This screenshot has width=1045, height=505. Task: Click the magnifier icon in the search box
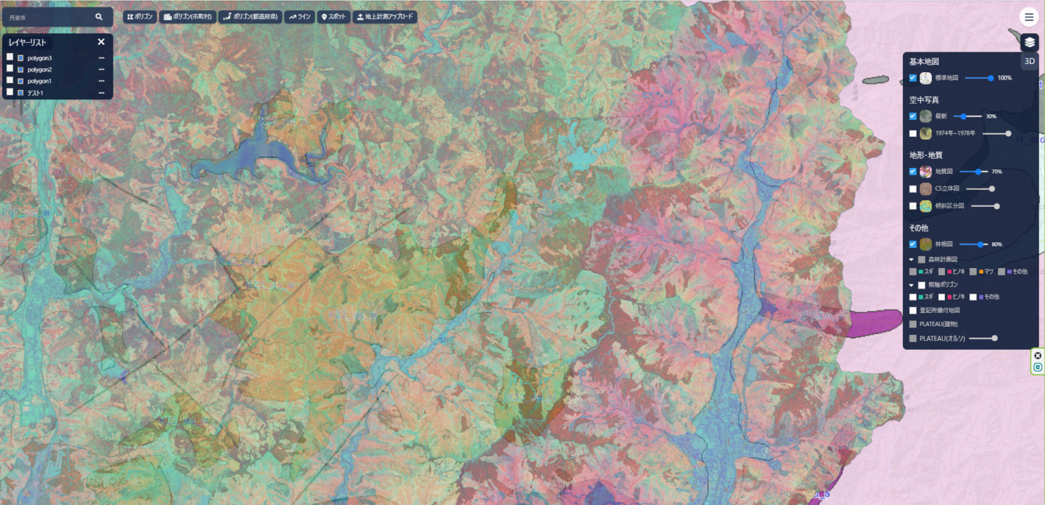click(99, 17)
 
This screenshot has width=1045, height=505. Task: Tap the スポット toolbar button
click(333, 17)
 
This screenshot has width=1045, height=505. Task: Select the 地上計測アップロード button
click(385, 17)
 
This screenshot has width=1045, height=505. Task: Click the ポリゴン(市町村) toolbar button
click(188, 17)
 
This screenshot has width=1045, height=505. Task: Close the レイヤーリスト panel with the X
click(101, 42)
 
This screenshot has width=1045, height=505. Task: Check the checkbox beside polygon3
click(10, 58)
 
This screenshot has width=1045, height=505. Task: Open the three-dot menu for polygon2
click(101, 69)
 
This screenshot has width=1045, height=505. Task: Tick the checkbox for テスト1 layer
click(10, 92)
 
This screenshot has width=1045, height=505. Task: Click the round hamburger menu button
click(1029, 17)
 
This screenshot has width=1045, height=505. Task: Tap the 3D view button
click(1029, 61)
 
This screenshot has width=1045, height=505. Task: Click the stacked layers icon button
click(1029, 42)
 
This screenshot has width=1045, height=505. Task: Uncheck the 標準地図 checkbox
click(913, 78)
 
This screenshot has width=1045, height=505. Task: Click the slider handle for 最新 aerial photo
click(963, 116)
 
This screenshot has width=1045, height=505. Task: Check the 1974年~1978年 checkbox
click(913, 133)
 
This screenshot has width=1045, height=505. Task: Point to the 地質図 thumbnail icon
click(926, 172)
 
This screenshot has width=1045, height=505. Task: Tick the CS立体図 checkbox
click(913, 189)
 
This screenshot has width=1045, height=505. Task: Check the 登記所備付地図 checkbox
click(913, 310)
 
